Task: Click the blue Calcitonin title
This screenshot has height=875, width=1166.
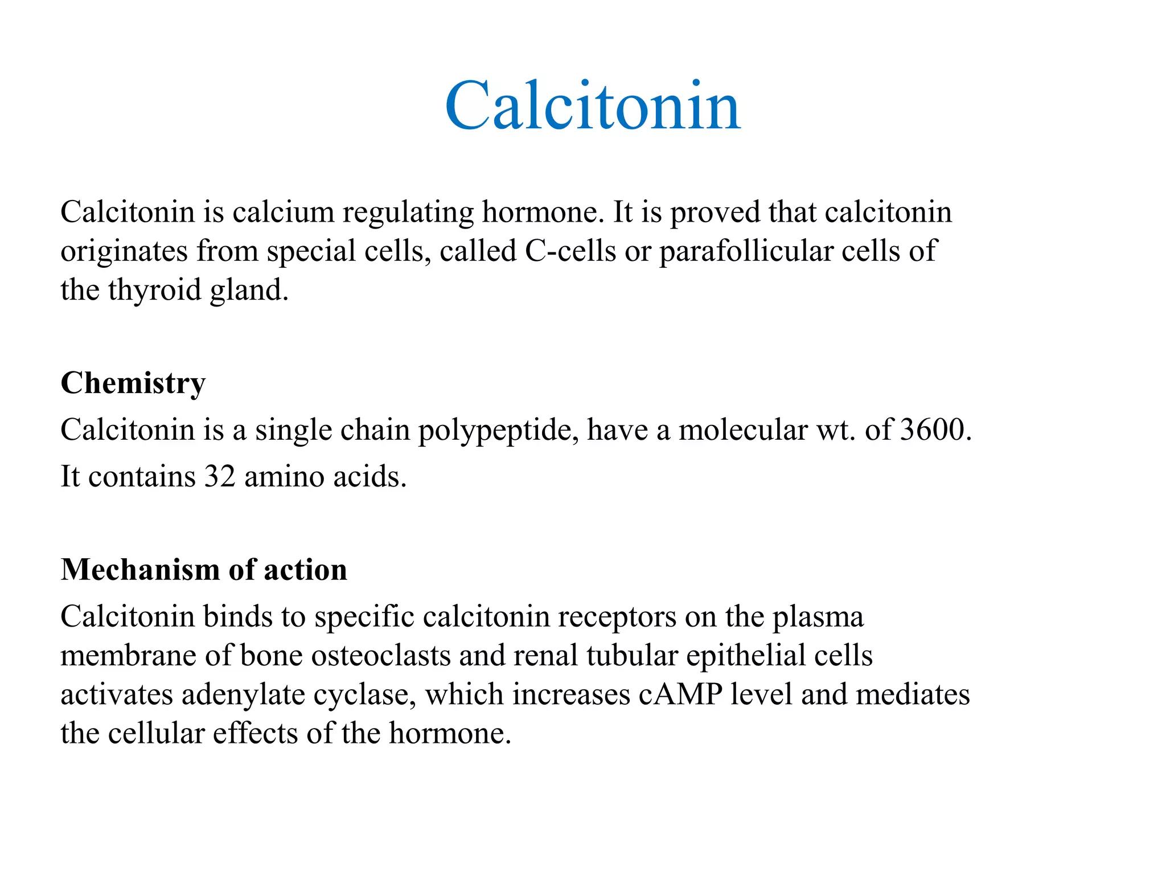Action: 593,106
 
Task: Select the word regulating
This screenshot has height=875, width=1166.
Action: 408,212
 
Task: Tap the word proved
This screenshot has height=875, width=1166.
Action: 715,212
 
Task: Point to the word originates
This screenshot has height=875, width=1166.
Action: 124,251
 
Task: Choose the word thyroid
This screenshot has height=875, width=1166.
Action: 154,290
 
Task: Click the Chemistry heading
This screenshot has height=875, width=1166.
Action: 133,383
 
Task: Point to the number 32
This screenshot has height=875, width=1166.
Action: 220,476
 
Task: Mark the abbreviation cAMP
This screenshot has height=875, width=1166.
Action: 680,695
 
